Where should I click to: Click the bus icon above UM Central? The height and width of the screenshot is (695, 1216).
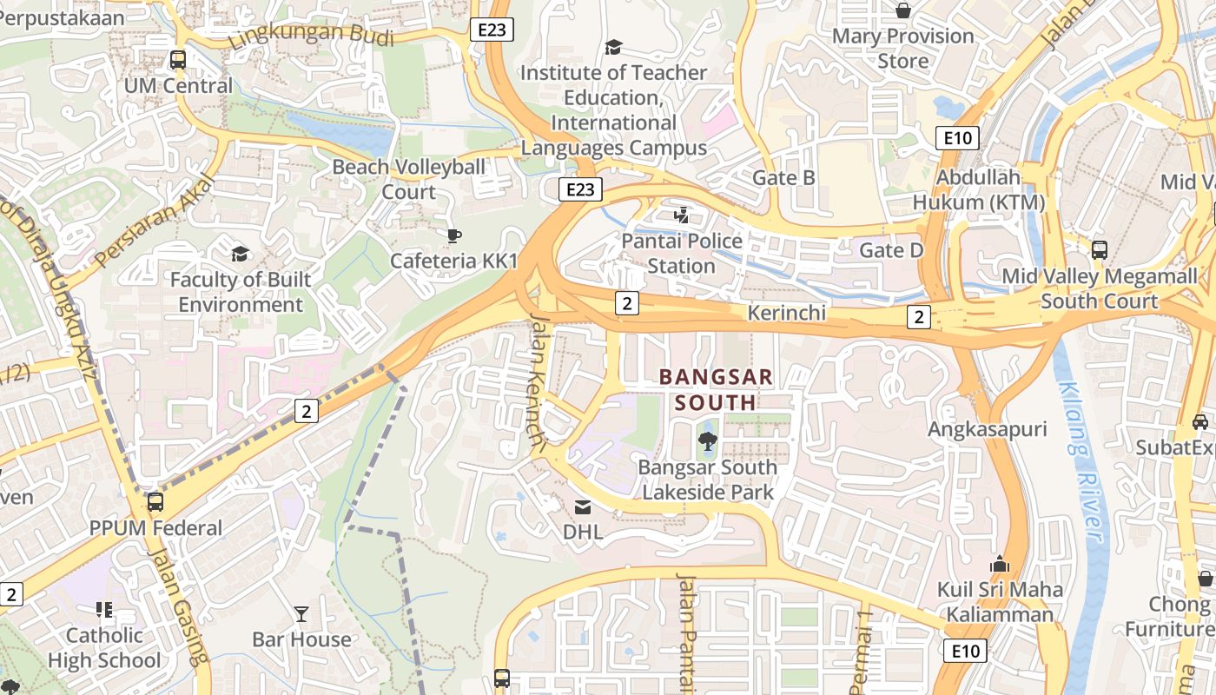178,60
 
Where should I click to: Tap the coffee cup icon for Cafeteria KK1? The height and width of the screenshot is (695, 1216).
453,235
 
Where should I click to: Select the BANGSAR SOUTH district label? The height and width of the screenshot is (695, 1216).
716,389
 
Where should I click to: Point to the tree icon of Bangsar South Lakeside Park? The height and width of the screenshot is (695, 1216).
707,441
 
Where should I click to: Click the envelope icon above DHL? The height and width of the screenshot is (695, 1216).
583,506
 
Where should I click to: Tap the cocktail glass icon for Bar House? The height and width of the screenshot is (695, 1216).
301,614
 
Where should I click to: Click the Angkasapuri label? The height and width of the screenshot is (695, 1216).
988,429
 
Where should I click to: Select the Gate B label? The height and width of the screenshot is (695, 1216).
783,178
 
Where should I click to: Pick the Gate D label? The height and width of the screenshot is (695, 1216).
891,250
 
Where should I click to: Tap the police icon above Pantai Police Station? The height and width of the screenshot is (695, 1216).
682,215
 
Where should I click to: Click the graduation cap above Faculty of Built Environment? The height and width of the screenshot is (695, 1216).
240,254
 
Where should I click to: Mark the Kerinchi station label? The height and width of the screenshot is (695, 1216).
787,313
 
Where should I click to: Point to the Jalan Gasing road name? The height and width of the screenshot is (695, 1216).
179,617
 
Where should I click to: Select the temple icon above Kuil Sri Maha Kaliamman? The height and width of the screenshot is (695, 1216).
1000,564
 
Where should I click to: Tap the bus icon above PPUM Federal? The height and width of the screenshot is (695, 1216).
155,502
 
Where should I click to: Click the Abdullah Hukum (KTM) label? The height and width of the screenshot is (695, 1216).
979,189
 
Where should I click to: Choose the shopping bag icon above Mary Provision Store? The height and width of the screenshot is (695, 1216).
903,10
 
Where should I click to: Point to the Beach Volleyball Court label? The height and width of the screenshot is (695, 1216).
409,179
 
